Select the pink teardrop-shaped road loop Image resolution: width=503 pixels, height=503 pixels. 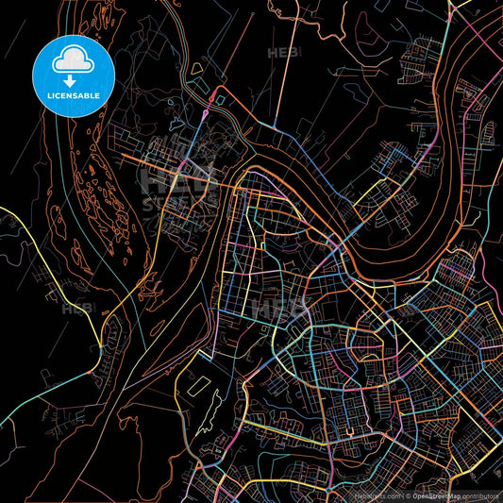point(206,115)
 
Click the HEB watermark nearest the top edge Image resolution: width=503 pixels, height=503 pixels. point(284,52)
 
